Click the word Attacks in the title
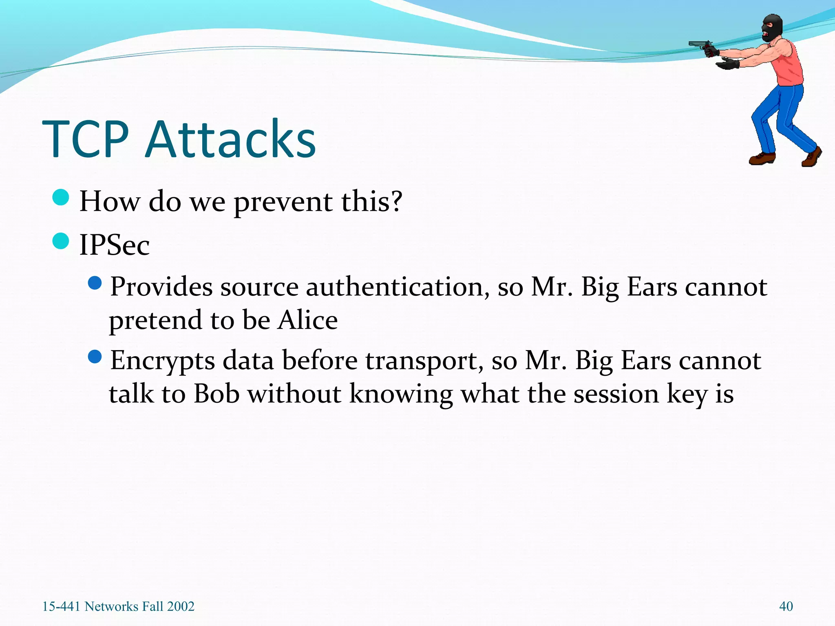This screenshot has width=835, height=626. coord(231,139)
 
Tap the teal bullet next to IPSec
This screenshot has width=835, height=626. coord(61,241)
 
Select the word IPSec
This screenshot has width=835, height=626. coord(114,245)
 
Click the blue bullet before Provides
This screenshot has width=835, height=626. coord(95,283)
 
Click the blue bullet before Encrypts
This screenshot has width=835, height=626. coord(95,357)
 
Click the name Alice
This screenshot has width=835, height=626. coord(308,320)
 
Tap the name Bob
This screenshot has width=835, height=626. coord(216,394)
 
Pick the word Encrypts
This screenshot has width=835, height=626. coord(162,361)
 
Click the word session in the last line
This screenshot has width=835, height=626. coord(616,394)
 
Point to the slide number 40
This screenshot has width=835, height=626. coord(786,606)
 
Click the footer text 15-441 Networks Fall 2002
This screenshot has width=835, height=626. coord(118,606)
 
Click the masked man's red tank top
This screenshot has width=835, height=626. coord(789,67)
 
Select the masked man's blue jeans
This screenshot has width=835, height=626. coord(781,118)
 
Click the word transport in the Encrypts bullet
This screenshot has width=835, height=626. coord(424,361)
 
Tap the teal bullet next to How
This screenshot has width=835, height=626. coord(61,198)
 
